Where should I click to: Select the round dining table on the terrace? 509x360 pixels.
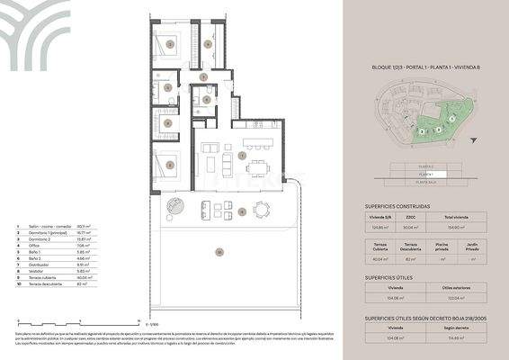[x=261, y=211]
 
